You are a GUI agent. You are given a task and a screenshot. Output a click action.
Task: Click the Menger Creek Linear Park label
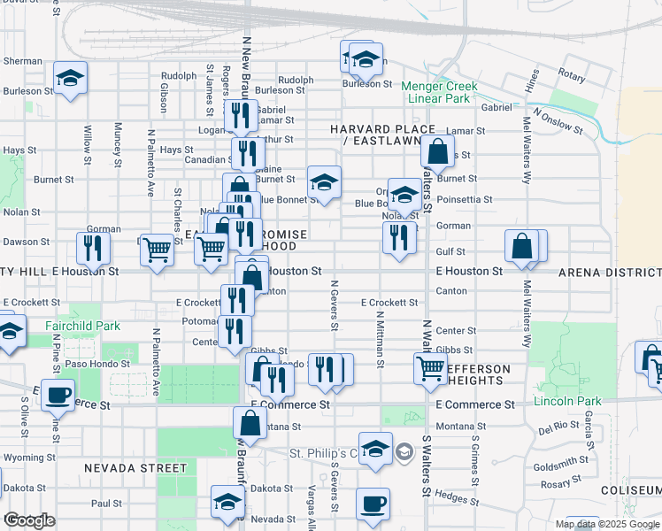(439, 92)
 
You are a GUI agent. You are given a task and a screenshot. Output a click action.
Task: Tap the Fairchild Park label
(82, 326)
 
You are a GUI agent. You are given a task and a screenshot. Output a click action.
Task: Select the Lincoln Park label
(567, 401)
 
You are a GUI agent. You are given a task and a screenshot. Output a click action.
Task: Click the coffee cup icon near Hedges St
(373, 504)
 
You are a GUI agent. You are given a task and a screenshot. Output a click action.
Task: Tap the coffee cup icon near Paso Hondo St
(58, 395)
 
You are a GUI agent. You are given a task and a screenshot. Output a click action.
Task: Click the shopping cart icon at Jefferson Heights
(430, 367)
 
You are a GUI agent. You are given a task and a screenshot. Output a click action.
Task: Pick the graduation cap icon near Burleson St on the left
(70, 79)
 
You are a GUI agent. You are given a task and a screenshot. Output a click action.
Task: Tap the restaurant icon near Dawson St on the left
(93, 248)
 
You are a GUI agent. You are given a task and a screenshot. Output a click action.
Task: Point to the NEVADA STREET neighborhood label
(135, 467)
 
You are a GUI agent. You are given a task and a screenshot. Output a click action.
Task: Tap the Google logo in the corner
(29, 520)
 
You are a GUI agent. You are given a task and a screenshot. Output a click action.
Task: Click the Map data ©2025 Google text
(607, 524)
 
